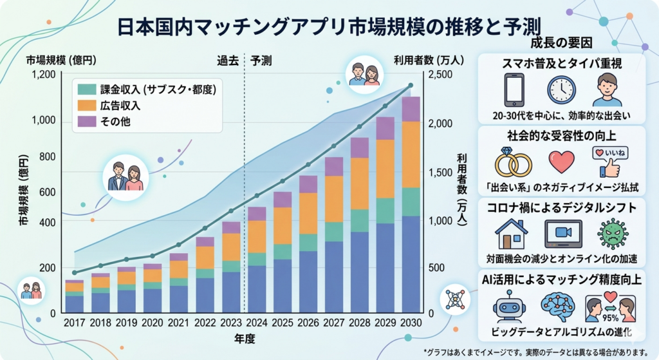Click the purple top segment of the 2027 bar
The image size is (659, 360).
pos(334,167)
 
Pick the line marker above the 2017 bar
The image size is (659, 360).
pos(75,272)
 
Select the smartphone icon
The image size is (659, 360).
pos(514,90)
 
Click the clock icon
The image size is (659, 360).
pos(561,90)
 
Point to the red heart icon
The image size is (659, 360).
pos(561,162)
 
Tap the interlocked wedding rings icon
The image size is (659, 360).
pos(513,164)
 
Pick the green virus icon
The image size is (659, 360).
pos(611,233)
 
